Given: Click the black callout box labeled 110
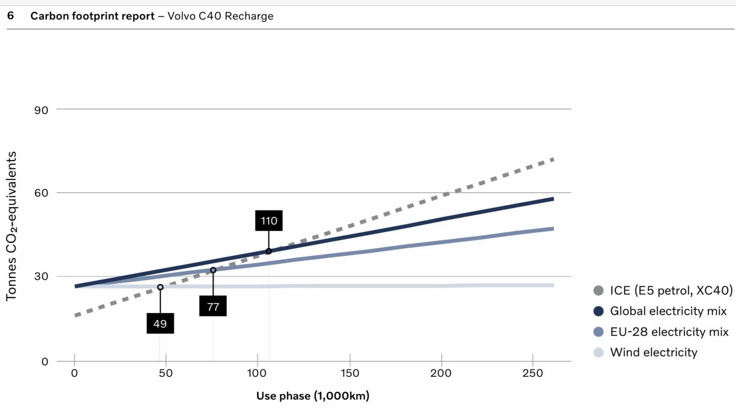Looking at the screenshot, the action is pos(269,221).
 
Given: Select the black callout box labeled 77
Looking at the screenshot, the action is pos(213,306).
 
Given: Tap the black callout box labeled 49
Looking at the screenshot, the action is pos(160,323).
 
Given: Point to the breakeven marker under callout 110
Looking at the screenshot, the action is pos(269,251).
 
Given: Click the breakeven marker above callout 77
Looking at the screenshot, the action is pos(213,270).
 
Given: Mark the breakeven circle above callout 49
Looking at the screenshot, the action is pos(160,287).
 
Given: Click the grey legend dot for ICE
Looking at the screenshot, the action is pos(598,291).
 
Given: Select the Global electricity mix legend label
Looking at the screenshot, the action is pos(668,311).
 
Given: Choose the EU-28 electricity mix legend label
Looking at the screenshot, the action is pos(669,332).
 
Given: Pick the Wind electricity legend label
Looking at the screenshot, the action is pos(654,352).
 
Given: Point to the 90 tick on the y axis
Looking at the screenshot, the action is pos(41,110).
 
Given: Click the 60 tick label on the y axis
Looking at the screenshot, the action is pos(41,193).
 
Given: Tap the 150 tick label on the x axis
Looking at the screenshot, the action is pos(350,373).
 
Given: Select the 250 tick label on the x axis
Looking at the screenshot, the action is pos(532,373).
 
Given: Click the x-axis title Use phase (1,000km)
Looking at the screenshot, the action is pos(313,396).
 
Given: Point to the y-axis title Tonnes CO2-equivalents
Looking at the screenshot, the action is pos(11,226).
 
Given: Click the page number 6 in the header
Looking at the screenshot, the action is pos(11,16).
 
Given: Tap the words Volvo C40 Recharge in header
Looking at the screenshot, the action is pos(221,16).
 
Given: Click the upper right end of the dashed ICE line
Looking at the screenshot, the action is pos(554,159).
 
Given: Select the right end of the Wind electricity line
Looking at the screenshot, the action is pos(553,285).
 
